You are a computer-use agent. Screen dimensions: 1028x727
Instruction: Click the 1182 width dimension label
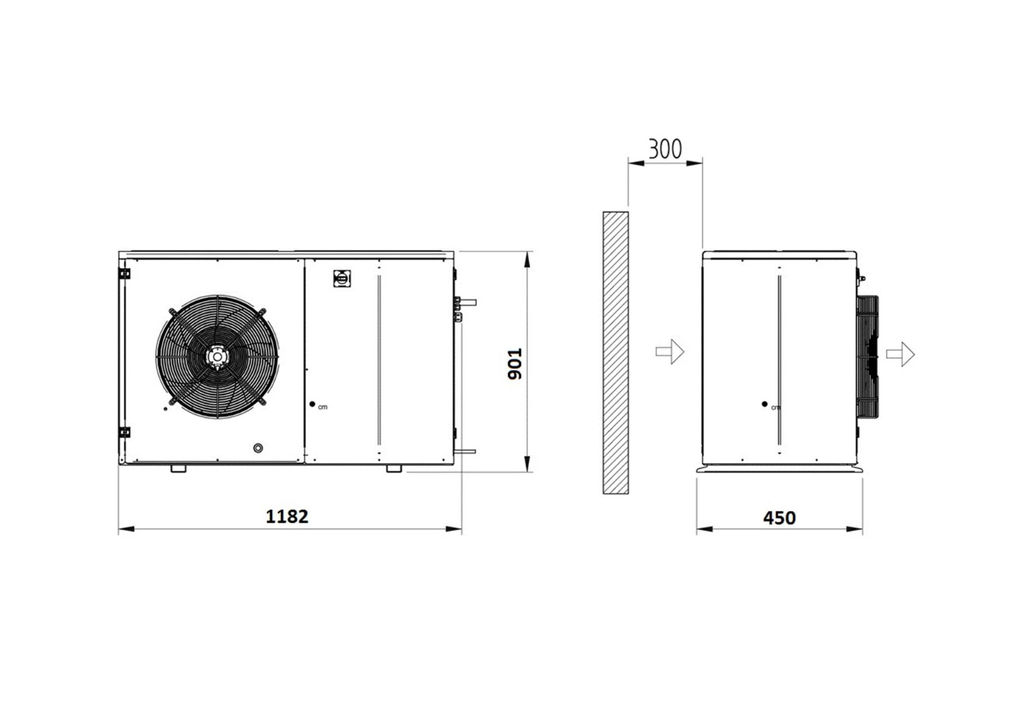[x=287, y=517]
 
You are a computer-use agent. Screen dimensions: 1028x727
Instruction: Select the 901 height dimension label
[x=515, y=364]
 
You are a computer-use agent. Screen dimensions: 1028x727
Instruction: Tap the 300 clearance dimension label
[x=665, y=149]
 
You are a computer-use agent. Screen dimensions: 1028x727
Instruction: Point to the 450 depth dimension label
[x=780, y=518]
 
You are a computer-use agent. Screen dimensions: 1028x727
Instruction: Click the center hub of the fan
[x=217, y=356]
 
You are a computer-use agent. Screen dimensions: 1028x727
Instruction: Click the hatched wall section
[x=615, y=353]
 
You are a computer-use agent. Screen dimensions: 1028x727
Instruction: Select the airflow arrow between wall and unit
[x=670, y=351]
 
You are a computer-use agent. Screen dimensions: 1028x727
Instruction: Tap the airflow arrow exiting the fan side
[x=900, y=354]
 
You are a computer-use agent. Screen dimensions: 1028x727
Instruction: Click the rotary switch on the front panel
[x=342, y=279]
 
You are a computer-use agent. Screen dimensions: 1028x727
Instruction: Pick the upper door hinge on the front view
[x=125, y=274]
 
